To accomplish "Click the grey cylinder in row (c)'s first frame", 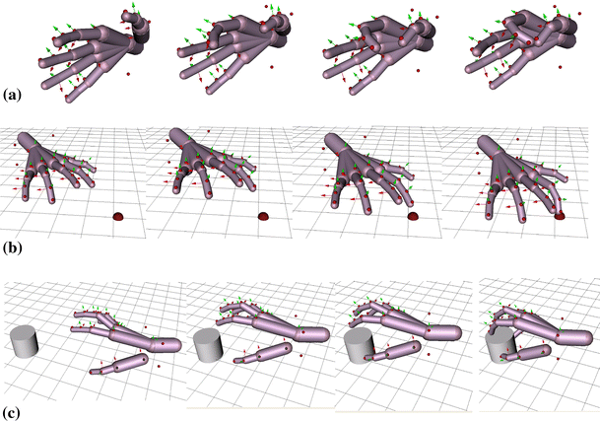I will [x=25, y=343].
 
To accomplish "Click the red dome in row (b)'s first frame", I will [x=118, y=215].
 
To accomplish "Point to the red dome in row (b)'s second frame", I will [x=263, y=215].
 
